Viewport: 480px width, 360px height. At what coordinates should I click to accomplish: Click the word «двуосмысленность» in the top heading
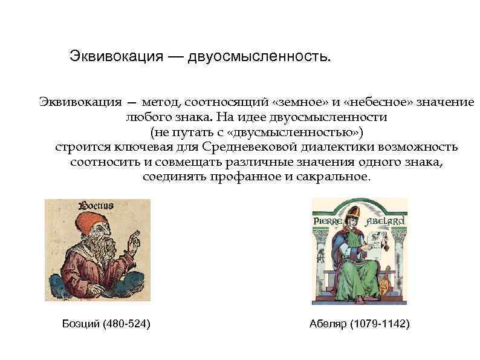[259, 57]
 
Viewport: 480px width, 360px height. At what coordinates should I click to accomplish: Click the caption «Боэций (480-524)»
[106, 324]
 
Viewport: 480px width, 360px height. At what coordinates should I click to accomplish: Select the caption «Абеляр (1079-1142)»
[359, 324]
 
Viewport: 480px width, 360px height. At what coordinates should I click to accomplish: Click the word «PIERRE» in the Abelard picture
[329, 221]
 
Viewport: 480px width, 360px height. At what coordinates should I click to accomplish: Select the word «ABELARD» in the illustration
[385, 221]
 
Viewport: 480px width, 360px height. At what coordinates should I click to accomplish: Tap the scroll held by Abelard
[375, 246]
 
